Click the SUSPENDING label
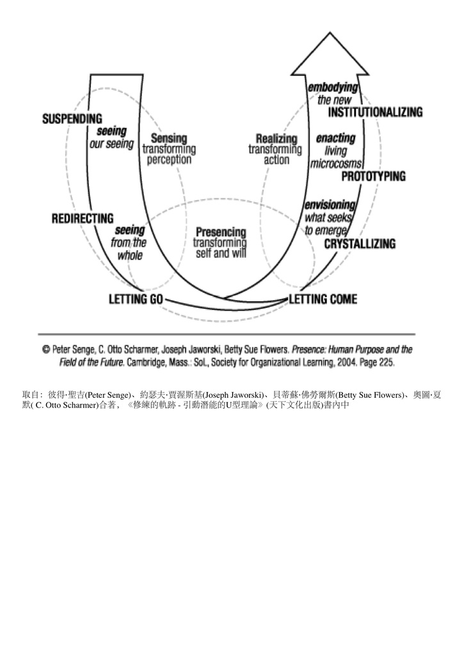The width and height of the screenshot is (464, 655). (72, 119)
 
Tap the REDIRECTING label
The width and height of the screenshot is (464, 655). (83, 219)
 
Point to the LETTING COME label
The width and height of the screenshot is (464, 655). (323, 299)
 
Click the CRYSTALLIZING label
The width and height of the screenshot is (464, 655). (360, 244)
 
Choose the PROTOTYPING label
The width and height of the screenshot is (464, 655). (374, 176)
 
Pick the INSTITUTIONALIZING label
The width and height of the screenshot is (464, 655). (376, 112)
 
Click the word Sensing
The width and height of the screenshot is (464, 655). (169, 138)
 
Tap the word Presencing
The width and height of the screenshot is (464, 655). (221, 232)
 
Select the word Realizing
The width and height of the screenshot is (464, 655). (276, 138)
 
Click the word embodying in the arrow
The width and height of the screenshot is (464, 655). (333, 88)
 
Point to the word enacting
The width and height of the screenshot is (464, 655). (335, 138)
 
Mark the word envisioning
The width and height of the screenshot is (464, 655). (330, 205)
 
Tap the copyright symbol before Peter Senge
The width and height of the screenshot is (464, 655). (47, 351)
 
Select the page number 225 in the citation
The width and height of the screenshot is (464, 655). (387, 362)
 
